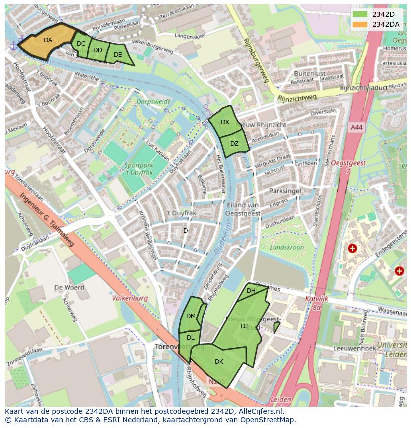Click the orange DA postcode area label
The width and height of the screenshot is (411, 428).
[x=48, y=40]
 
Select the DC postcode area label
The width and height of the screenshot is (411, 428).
[x=81, y=44]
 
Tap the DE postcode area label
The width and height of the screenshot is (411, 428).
[x=118, y=55]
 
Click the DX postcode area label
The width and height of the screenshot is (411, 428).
[x=225, y=122]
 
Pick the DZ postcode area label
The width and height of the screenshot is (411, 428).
[x=234, y=144]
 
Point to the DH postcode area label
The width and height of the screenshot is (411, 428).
[x=251, y=291]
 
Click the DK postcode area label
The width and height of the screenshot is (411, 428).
[x=219, y=362]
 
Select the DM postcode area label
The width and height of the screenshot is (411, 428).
[x=191, y=316]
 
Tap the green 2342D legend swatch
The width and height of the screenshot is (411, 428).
[x=360, y=14]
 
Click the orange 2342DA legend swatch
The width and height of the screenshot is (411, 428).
[x=360, y=24]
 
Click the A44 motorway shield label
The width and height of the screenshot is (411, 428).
[x=356, y=128]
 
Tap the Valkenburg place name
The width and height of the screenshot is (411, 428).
[x=130, y=298]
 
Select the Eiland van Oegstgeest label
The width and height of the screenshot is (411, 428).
[x=243, y=209]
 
